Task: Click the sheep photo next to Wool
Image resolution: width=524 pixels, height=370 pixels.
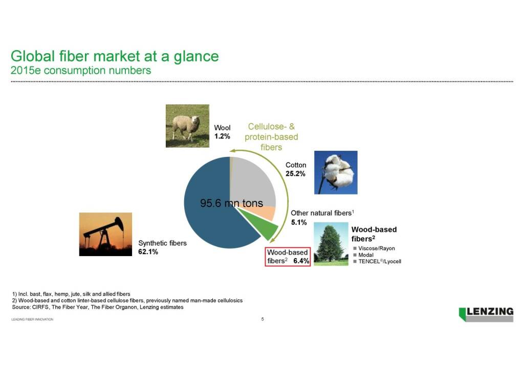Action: pos(187,126)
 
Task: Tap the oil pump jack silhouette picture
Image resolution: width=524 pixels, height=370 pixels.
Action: pos(105,234)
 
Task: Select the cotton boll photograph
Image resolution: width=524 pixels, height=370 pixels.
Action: pos(336,173)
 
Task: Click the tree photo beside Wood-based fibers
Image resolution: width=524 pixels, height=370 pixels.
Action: pos(331,244)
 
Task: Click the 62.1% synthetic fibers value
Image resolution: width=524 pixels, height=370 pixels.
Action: pos(148,252)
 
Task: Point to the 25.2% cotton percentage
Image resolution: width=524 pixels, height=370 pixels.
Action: pos(295,174)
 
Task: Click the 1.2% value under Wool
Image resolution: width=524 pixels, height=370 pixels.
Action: pos(222,136)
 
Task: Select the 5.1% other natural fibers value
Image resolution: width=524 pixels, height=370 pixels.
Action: pos(299,222)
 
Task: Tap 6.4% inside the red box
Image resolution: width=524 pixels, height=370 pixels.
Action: pos(301,261)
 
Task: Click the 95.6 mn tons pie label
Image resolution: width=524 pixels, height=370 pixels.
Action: pos(232,203)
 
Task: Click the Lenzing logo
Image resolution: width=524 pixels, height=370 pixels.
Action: pos(486,314)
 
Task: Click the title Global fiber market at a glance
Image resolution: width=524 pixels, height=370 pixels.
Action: pos(115,56)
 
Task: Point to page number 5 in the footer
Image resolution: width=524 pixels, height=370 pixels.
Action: pos(263,319)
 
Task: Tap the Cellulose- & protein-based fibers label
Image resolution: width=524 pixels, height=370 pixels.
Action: pos(271,137)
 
